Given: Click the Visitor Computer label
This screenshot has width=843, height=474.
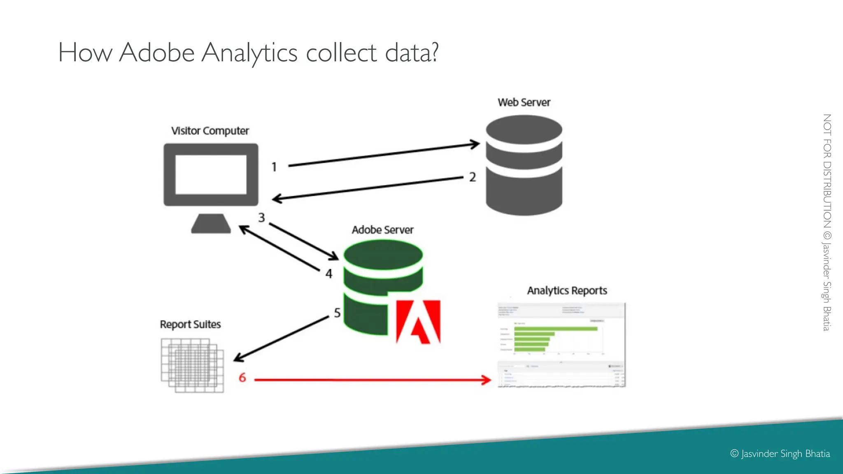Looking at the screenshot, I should coord(210,131).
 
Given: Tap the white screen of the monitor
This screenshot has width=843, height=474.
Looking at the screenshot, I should coord(211,174).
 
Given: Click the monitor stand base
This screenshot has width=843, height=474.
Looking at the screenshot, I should coord(211,224).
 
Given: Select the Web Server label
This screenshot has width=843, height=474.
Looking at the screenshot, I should coord(524,102).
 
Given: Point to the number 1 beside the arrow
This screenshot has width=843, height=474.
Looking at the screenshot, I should coord(274,167).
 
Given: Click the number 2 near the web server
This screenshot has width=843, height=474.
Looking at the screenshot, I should coord(473,177).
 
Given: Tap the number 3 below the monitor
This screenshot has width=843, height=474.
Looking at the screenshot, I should coord(261,218).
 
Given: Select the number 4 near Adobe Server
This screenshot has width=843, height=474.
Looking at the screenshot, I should coord(328,274).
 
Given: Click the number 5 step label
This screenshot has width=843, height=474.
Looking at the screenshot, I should coord(337,313).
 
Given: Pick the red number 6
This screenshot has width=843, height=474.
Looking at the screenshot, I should coord(242,378).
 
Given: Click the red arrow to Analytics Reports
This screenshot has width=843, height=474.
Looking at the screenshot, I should coord(370,380).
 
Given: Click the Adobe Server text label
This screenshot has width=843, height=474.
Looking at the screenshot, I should coord(382,230).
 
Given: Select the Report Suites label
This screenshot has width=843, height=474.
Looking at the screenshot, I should coord(190,325).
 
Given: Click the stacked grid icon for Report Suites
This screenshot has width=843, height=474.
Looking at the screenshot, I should coord(192,365).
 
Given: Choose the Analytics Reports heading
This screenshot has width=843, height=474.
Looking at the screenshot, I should coord(567,291).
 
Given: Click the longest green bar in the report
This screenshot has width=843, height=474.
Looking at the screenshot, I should coord(555,329).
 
